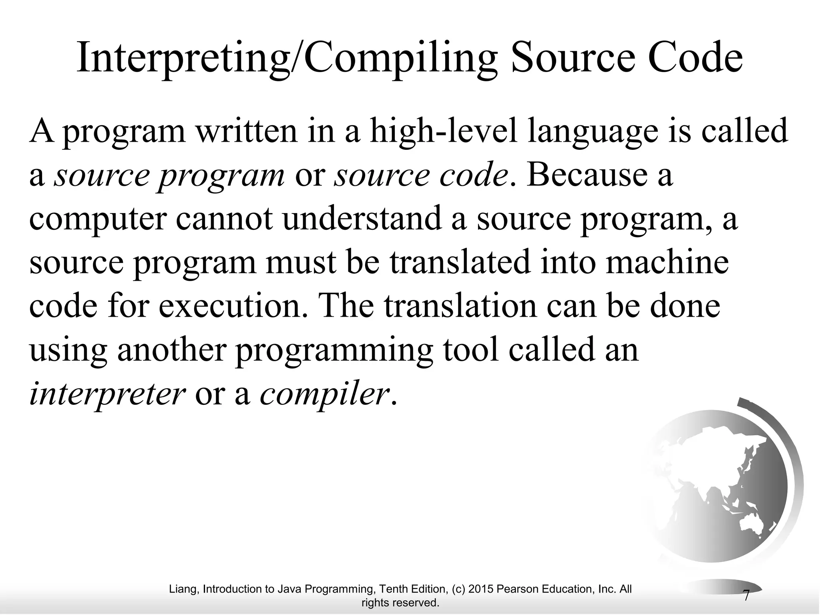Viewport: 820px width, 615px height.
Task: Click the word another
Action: coord(172,350)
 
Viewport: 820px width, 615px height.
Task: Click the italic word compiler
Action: coord(324,394)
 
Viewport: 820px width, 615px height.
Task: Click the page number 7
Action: coord(746,595)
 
